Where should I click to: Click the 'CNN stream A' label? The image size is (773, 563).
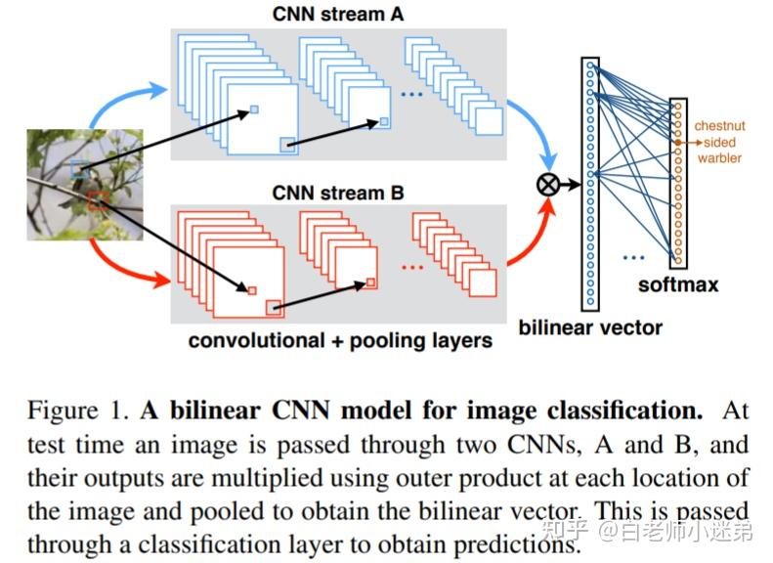(x=337, y=14)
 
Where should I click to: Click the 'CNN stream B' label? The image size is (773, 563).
(x=337, y=193)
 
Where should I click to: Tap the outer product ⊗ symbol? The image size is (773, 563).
(x=549, y=183)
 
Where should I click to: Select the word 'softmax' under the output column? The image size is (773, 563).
(x=677, y=284)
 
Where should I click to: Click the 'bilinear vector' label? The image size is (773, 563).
(x=590, y=326)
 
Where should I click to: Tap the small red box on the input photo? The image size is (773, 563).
(x=97, y=202)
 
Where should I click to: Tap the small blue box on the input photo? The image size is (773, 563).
(x=80, y=170)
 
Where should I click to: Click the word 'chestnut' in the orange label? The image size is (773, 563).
(x=718, y=126)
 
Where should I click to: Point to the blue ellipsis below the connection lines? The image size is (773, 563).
(x=633, y=258)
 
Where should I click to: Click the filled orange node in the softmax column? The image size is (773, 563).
(x=677, y=143)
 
